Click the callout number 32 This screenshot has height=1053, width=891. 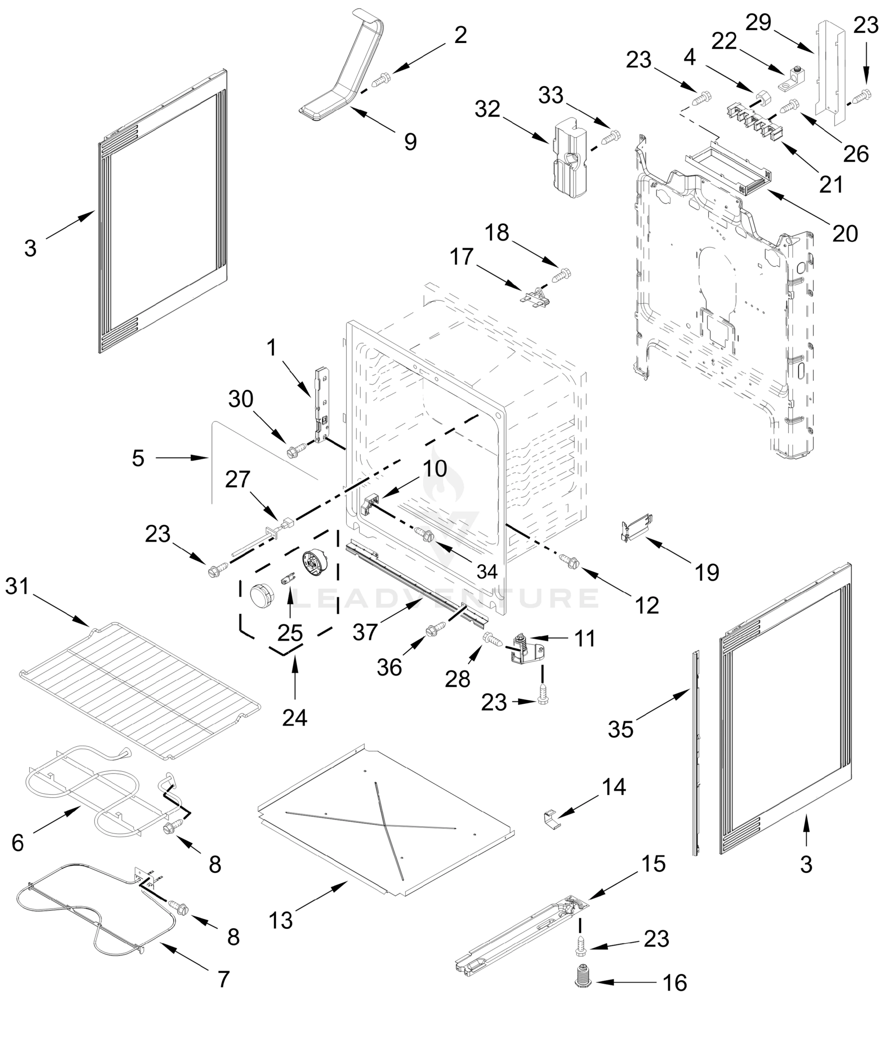point(488,110)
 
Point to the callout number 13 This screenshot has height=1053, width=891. point(281,920)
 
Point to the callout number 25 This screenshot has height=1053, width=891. point(290,633)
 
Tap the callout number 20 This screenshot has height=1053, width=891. point(845,233)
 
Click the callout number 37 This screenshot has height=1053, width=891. point(365,632)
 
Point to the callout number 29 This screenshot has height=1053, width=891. point(759,23)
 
